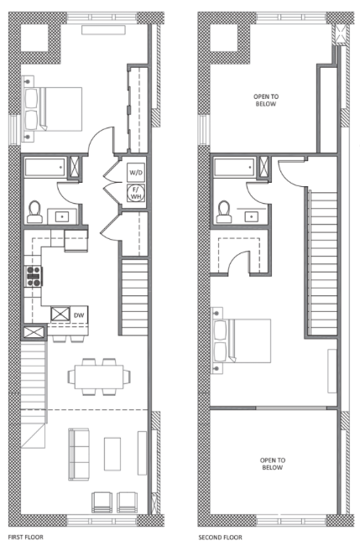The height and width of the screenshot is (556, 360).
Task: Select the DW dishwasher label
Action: [79, 315]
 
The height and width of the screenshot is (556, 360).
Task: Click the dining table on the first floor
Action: [98, 374]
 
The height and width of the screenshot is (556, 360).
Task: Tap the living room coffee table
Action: [112, 454]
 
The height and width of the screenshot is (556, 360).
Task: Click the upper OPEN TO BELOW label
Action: [267, 101]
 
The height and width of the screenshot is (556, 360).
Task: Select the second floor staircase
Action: [322, 260]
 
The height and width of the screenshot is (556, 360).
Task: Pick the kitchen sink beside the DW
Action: [60, 316]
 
